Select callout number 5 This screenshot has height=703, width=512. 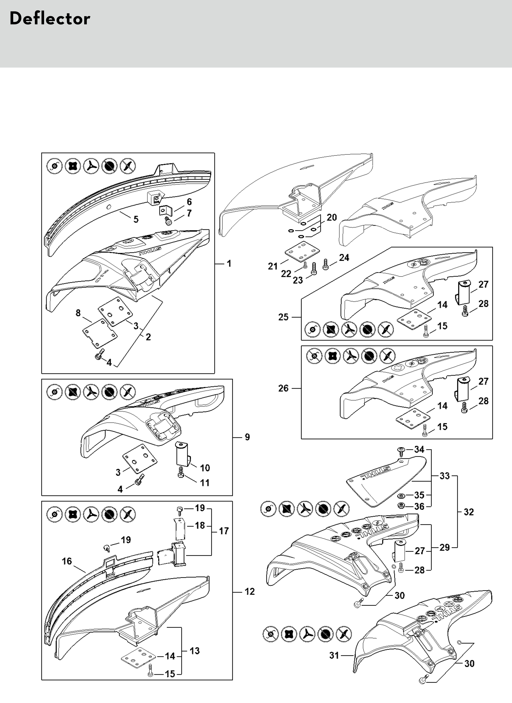[136, 219]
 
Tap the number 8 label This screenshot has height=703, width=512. [78, 313]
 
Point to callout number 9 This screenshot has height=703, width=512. [247, 437]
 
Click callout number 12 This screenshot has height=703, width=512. [250, 591]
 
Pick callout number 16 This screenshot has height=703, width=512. [67, 561]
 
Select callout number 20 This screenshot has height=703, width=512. [332, 217]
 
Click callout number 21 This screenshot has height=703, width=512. [273, 266]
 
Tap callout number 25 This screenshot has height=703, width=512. [283, 317]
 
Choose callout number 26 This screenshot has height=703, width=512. [283, 388]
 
